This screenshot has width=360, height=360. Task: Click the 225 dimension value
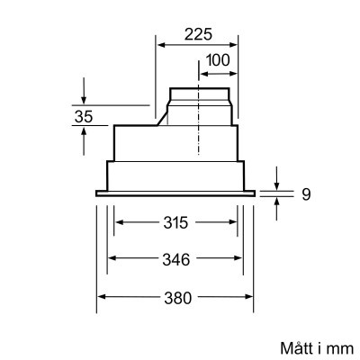(197, 35)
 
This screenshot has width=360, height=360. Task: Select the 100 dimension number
(216, 60)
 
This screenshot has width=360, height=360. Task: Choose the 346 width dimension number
(176, 260)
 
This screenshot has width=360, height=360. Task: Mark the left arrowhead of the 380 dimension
(101, 297)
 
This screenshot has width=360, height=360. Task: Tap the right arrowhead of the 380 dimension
(253, 297)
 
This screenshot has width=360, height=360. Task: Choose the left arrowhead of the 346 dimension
(112, 260)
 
